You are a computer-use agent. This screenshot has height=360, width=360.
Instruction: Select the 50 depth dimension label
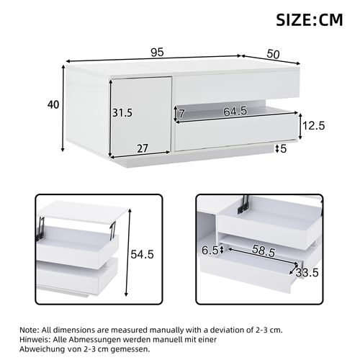click(274, 53)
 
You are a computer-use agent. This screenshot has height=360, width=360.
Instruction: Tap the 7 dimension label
click(183, 114)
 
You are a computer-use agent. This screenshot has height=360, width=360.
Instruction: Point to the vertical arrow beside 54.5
click(127, 256)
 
